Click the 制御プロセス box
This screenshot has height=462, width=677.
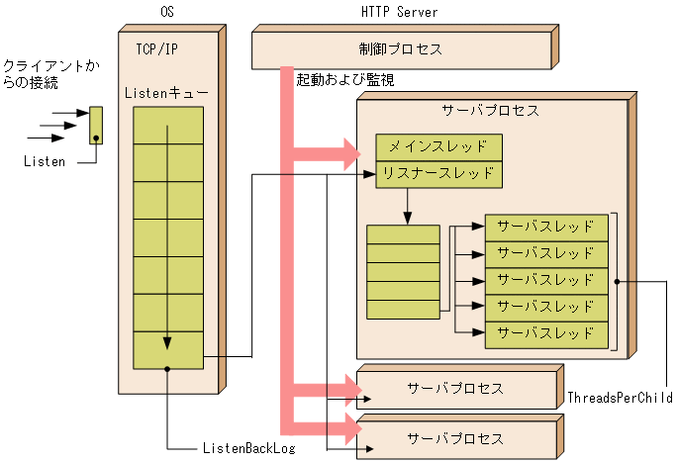[x=400, y=49]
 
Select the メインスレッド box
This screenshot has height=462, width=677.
[x=438, y=147]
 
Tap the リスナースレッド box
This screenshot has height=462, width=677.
[x=438, y=173]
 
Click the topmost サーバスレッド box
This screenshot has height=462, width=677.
[x=545, y=227]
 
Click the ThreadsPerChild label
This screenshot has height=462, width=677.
[x=621, y=398]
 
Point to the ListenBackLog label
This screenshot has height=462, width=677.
[x=248, y=448]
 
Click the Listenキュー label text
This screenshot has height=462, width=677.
[x=166, y=92]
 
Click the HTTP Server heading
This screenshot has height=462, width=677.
[x=400, y=12]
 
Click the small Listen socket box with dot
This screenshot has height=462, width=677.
[x=96, y=126]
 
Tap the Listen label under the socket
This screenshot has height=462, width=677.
[x=45, y=161]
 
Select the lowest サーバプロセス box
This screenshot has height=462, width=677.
[x=456, y=437]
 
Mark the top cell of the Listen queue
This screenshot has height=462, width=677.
[x=168, y=126]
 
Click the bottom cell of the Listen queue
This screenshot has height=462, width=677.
[x=168, y=351]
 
